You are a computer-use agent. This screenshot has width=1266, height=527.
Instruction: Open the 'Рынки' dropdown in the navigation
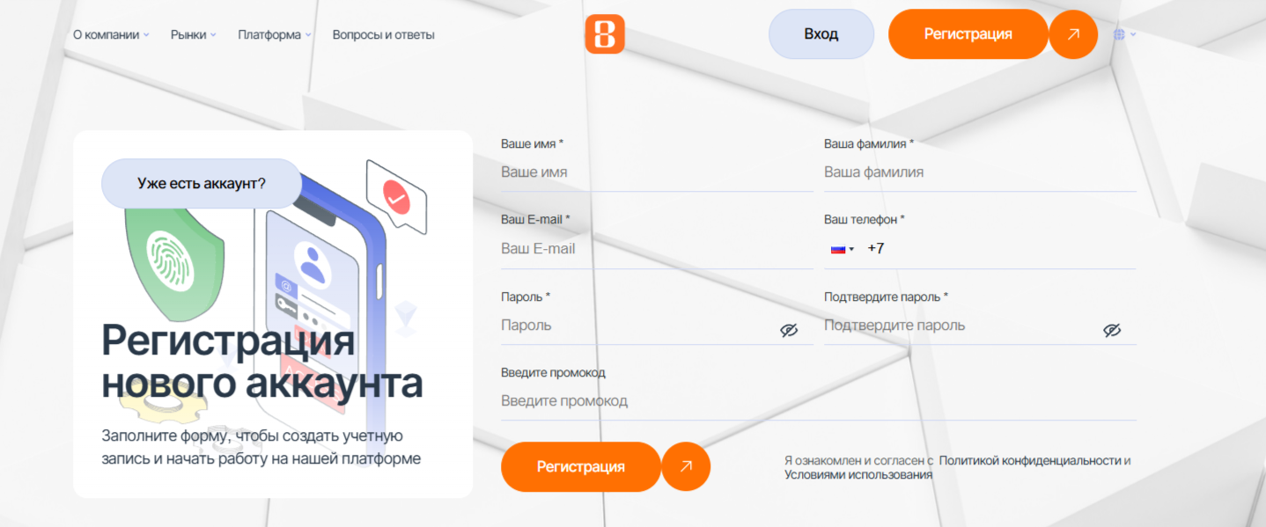(194, 35)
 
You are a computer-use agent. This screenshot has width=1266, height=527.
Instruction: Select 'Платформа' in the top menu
(274, 35)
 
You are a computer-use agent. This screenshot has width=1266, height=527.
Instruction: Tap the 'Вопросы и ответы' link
(383, 35)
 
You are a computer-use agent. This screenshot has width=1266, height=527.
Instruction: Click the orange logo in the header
(605, 34)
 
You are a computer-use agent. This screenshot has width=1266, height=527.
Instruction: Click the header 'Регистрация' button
(968, 34)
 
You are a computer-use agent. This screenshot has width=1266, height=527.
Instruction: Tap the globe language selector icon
(1119, 34)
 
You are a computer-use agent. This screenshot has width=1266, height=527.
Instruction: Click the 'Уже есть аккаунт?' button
(202, 184)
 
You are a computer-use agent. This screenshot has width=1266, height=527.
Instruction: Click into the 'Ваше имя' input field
(657, 172)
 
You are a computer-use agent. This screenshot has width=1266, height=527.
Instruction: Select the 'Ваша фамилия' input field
(980, 172)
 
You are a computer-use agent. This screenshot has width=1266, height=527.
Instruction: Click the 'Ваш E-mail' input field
(657, 248)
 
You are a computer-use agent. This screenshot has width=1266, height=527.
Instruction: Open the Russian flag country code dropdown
(843, 249)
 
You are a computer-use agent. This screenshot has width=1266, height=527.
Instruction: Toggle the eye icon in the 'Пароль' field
(789, 330)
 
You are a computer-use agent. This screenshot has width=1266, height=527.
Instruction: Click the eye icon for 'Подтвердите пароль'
(1112, 330)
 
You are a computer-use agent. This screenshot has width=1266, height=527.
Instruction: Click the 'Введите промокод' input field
(819, 401)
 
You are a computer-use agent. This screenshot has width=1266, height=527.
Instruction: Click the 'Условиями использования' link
(858, 475)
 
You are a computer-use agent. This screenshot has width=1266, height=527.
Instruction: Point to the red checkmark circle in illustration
(397, 196)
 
